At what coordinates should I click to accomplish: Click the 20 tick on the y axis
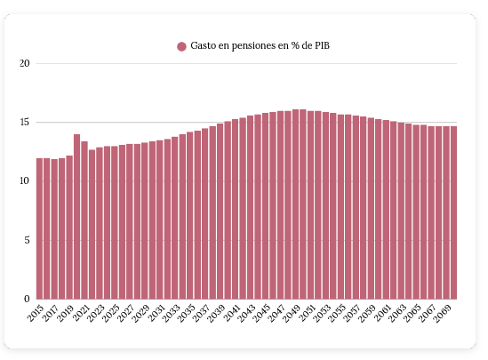click(25, 64)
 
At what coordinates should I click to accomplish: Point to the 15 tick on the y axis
click(25, 123)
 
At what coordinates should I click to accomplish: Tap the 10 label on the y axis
click(25, 181)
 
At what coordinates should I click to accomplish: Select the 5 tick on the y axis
click(27, 240)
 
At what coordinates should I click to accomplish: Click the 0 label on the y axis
click(27, 299)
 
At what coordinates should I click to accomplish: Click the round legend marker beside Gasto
click(181, 46)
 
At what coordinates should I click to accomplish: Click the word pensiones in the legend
click(256, 45)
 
